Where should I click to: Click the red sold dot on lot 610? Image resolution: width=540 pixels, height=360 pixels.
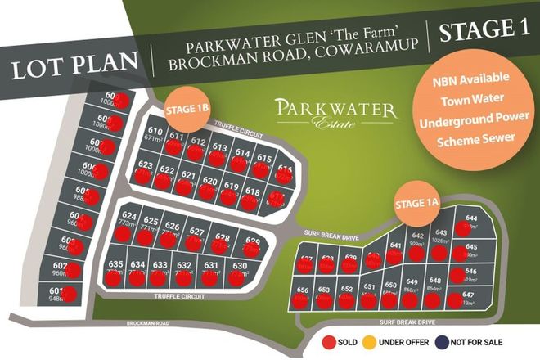173,146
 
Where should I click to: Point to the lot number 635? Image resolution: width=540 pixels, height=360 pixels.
115,264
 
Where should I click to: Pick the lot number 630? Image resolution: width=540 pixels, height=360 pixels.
240,265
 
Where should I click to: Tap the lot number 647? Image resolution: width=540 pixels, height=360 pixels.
469,295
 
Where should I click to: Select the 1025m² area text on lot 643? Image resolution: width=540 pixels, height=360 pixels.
441,241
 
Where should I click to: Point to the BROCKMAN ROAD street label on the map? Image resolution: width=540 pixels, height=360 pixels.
148,324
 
